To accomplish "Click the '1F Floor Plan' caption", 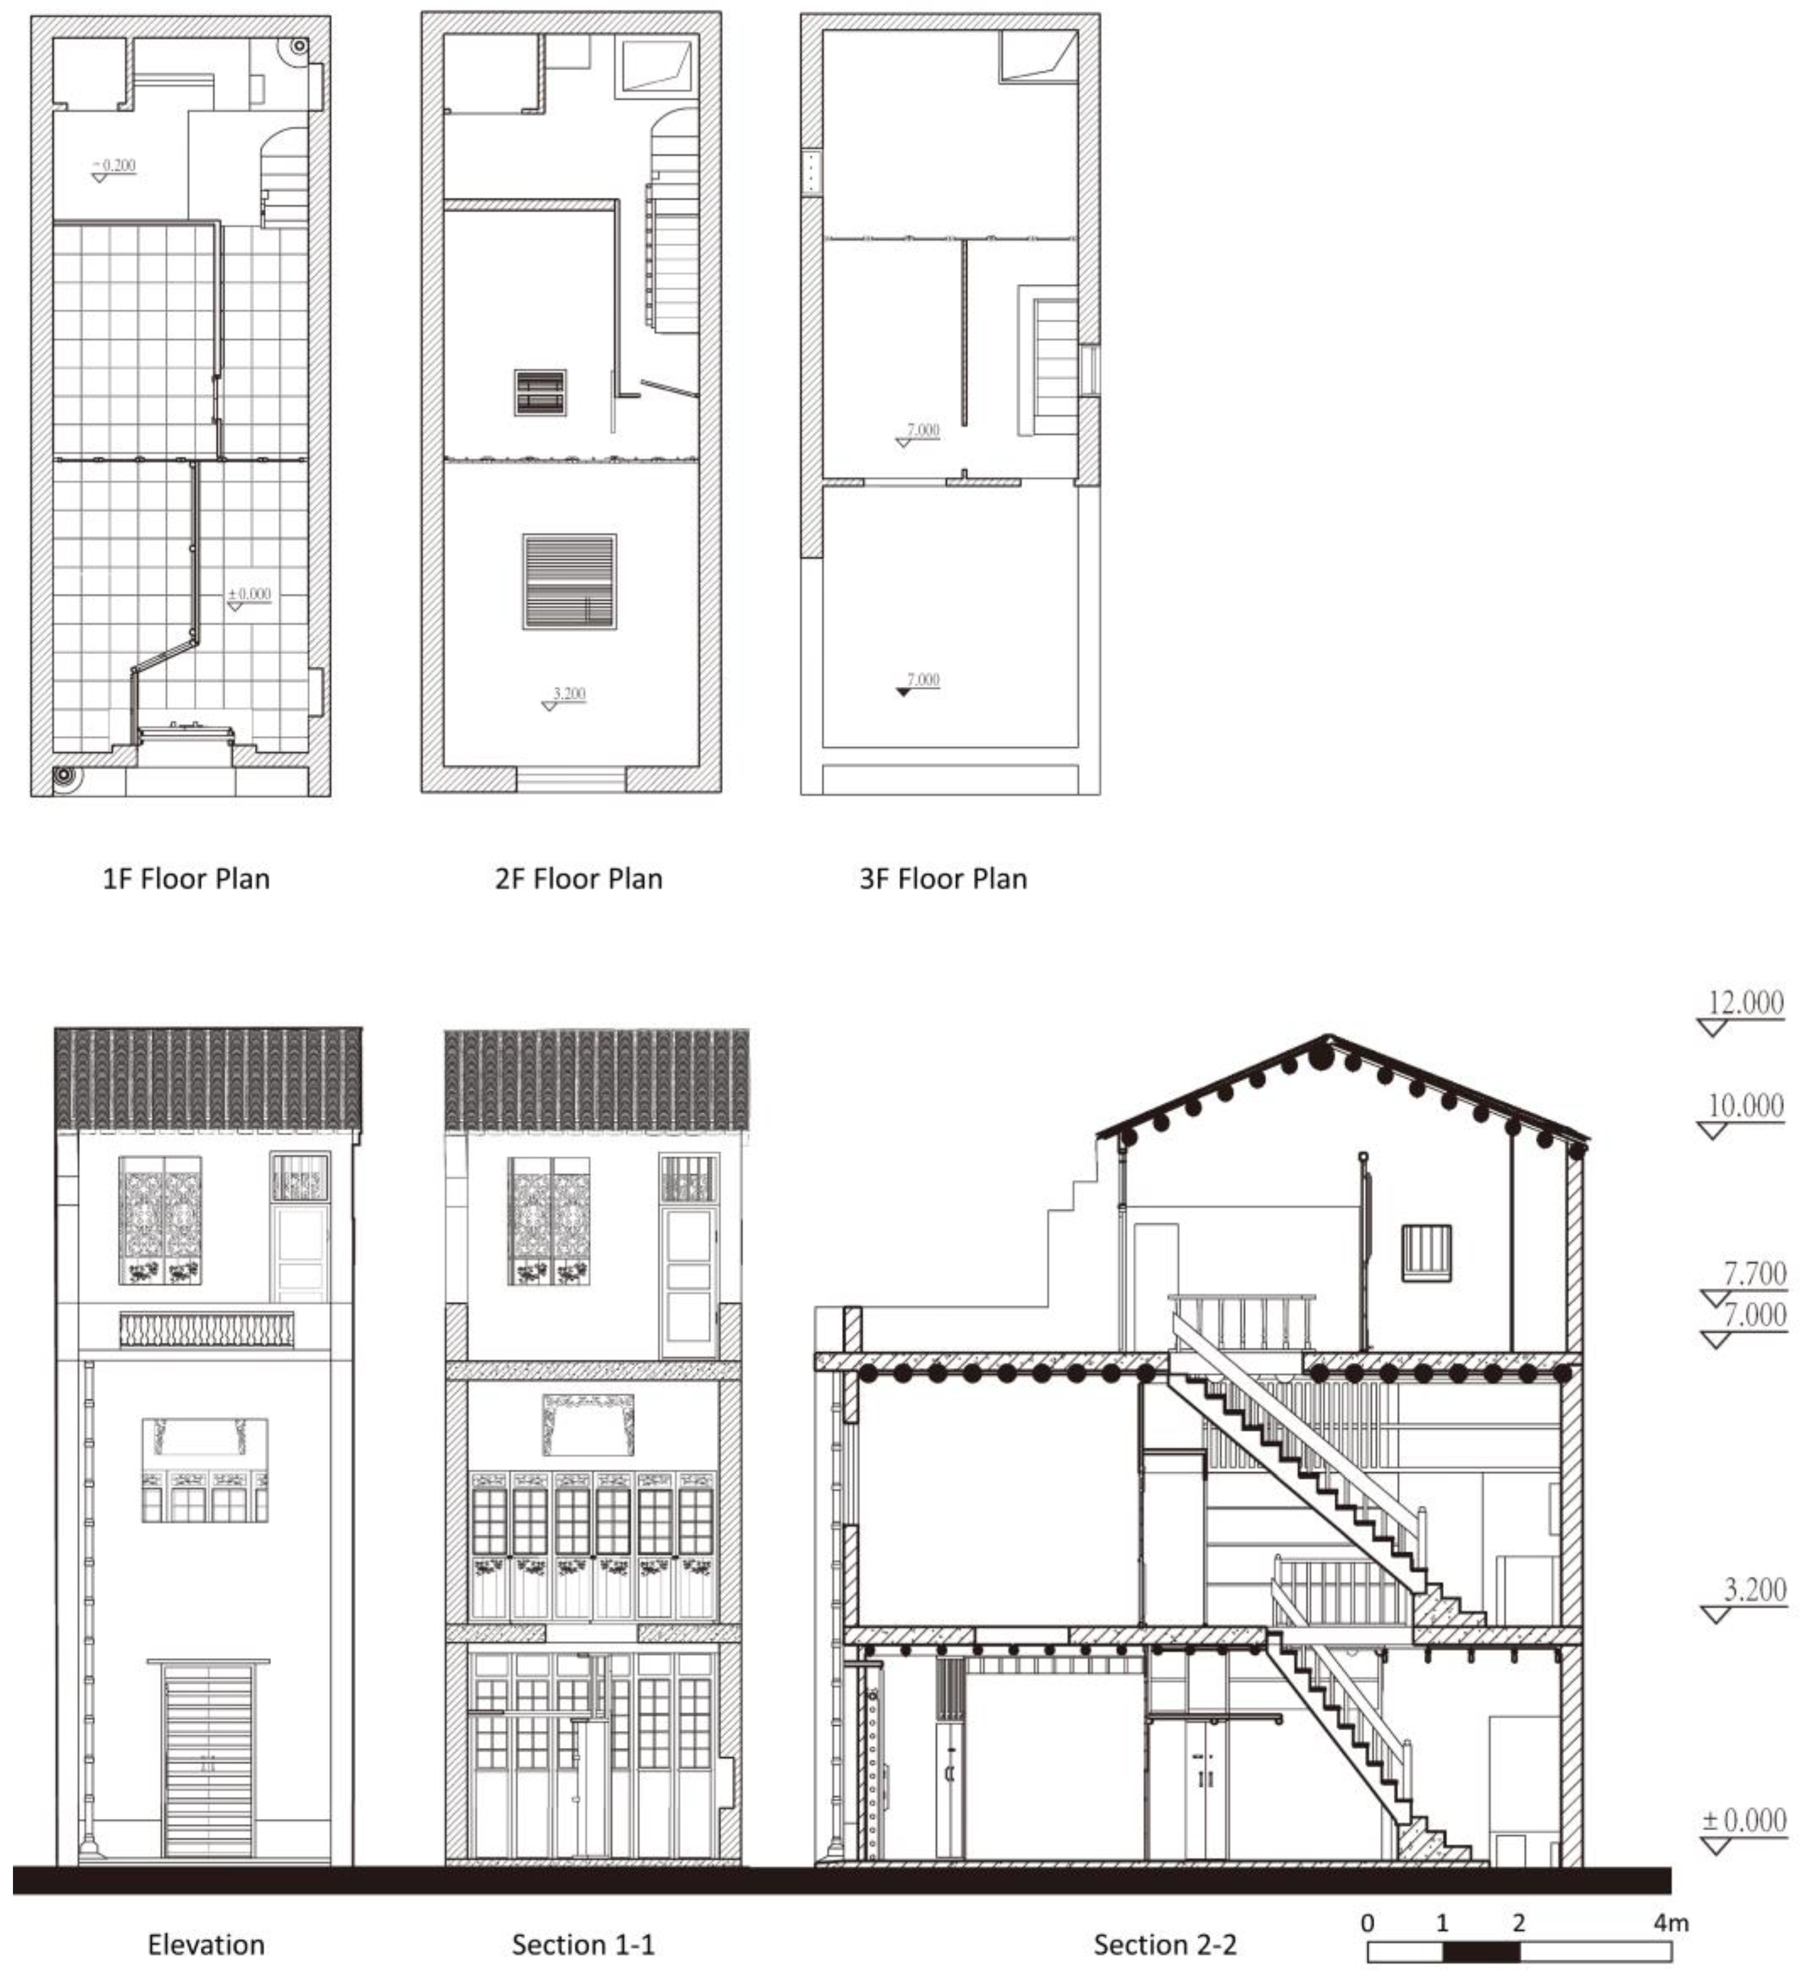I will [x=187, y=878].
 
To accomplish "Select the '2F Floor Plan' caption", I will [x=578, y=878].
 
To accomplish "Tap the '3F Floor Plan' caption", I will [x=943, y=878].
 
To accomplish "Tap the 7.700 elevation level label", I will [x=1755, y=1274].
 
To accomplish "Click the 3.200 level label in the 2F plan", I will [x=569, y=695].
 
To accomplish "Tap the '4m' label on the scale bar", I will [x=1671, y=1923].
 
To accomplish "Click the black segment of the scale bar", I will [x=1480, y=1952].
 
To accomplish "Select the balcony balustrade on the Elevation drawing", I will [x=206, y=1330].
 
